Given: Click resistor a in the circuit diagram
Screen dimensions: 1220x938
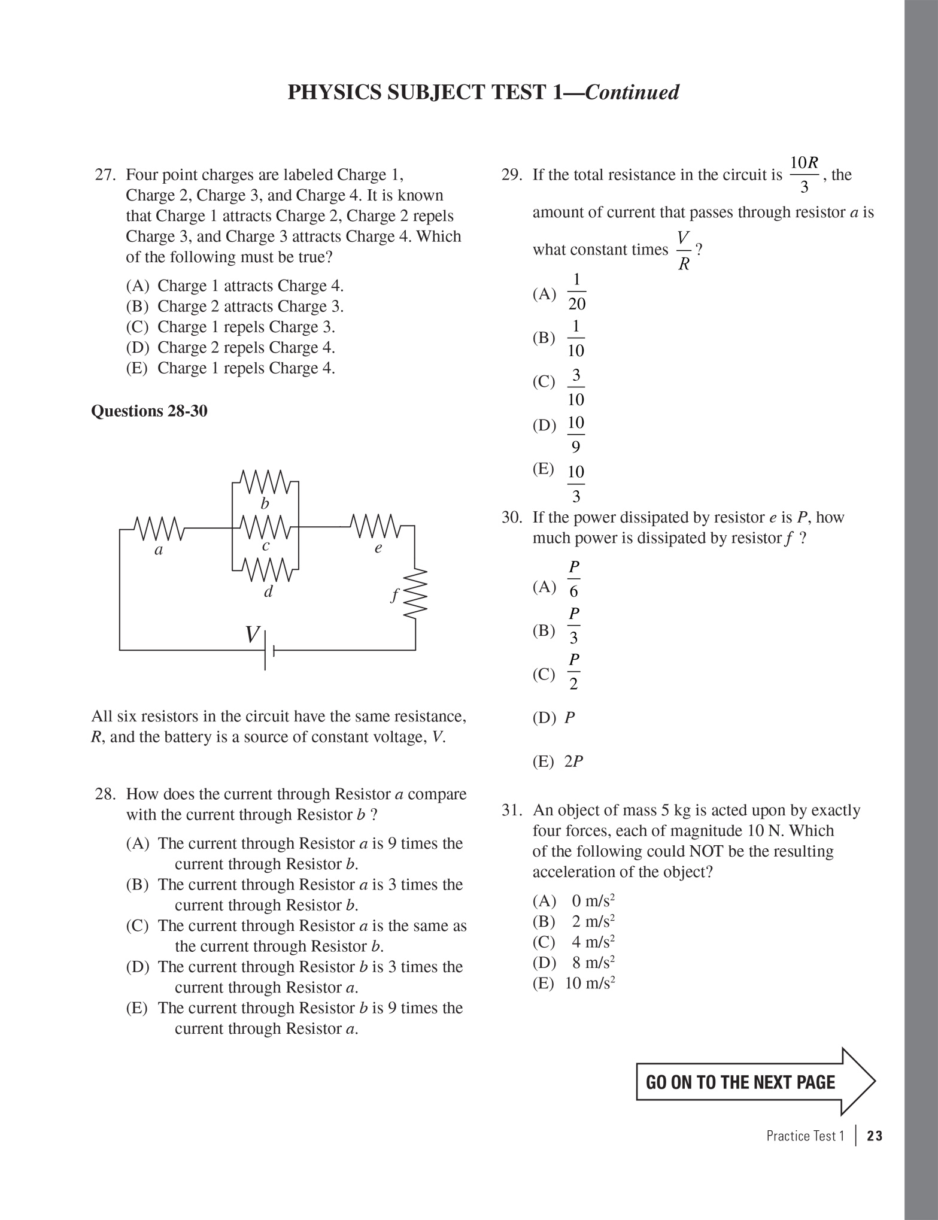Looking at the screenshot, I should click(159, 528).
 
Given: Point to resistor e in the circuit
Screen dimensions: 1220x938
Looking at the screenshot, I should click(376, 526).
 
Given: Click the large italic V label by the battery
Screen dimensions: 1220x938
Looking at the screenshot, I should click(253, 635).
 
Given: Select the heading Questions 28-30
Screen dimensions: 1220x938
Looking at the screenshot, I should click(149, 411).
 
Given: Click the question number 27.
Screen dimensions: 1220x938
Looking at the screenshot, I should click(104, 175).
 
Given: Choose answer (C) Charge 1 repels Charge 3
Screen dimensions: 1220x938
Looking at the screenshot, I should click(230, 327).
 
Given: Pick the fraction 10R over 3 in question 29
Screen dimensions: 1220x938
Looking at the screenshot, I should click(804, 175).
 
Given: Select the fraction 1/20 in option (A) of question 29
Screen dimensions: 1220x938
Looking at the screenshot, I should click(576, 292).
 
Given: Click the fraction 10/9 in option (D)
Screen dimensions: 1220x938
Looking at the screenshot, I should click(575, 435).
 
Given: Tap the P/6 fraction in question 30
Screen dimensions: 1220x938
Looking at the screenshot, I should click(573, 579).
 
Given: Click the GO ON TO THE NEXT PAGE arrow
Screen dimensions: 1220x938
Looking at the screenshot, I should click(755, 1082).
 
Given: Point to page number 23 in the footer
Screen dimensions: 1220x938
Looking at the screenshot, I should click(874, 1136).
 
